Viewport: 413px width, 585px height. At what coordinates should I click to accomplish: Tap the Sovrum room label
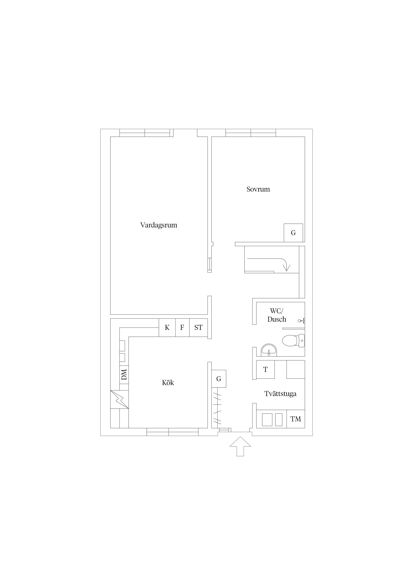tap(258, 189)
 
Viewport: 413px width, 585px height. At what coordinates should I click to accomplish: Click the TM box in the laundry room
tap(296, 419)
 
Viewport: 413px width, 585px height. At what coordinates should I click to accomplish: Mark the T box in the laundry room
tap(265, 369)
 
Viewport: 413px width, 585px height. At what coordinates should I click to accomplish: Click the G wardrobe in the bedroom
tap(293, 233)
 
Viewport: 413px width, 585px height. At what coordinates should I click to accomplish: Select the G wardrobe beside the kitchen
tap(219, 379)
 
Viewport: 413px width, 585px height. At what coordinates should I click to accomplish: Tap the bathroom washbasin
tap(269, 350)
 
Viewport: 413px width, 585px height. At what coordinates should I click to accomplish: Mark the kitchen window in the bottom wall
tap(173, 432)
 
